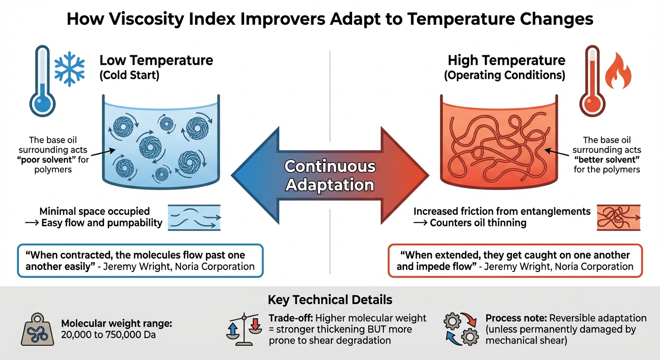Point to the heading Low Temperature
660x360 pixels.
[156, 60]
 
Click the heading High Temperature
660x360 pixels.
[506, 60]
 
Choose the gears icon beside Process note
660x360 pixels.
[460, 328]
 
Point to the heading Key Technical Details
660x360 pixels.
[330, 300]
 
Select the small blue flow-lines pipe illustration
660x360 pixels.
[194, 217]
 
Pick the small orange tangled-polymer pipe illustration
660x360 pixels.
[618, 217]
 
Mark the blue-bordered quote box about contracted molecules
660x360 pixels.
[140, 261]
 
